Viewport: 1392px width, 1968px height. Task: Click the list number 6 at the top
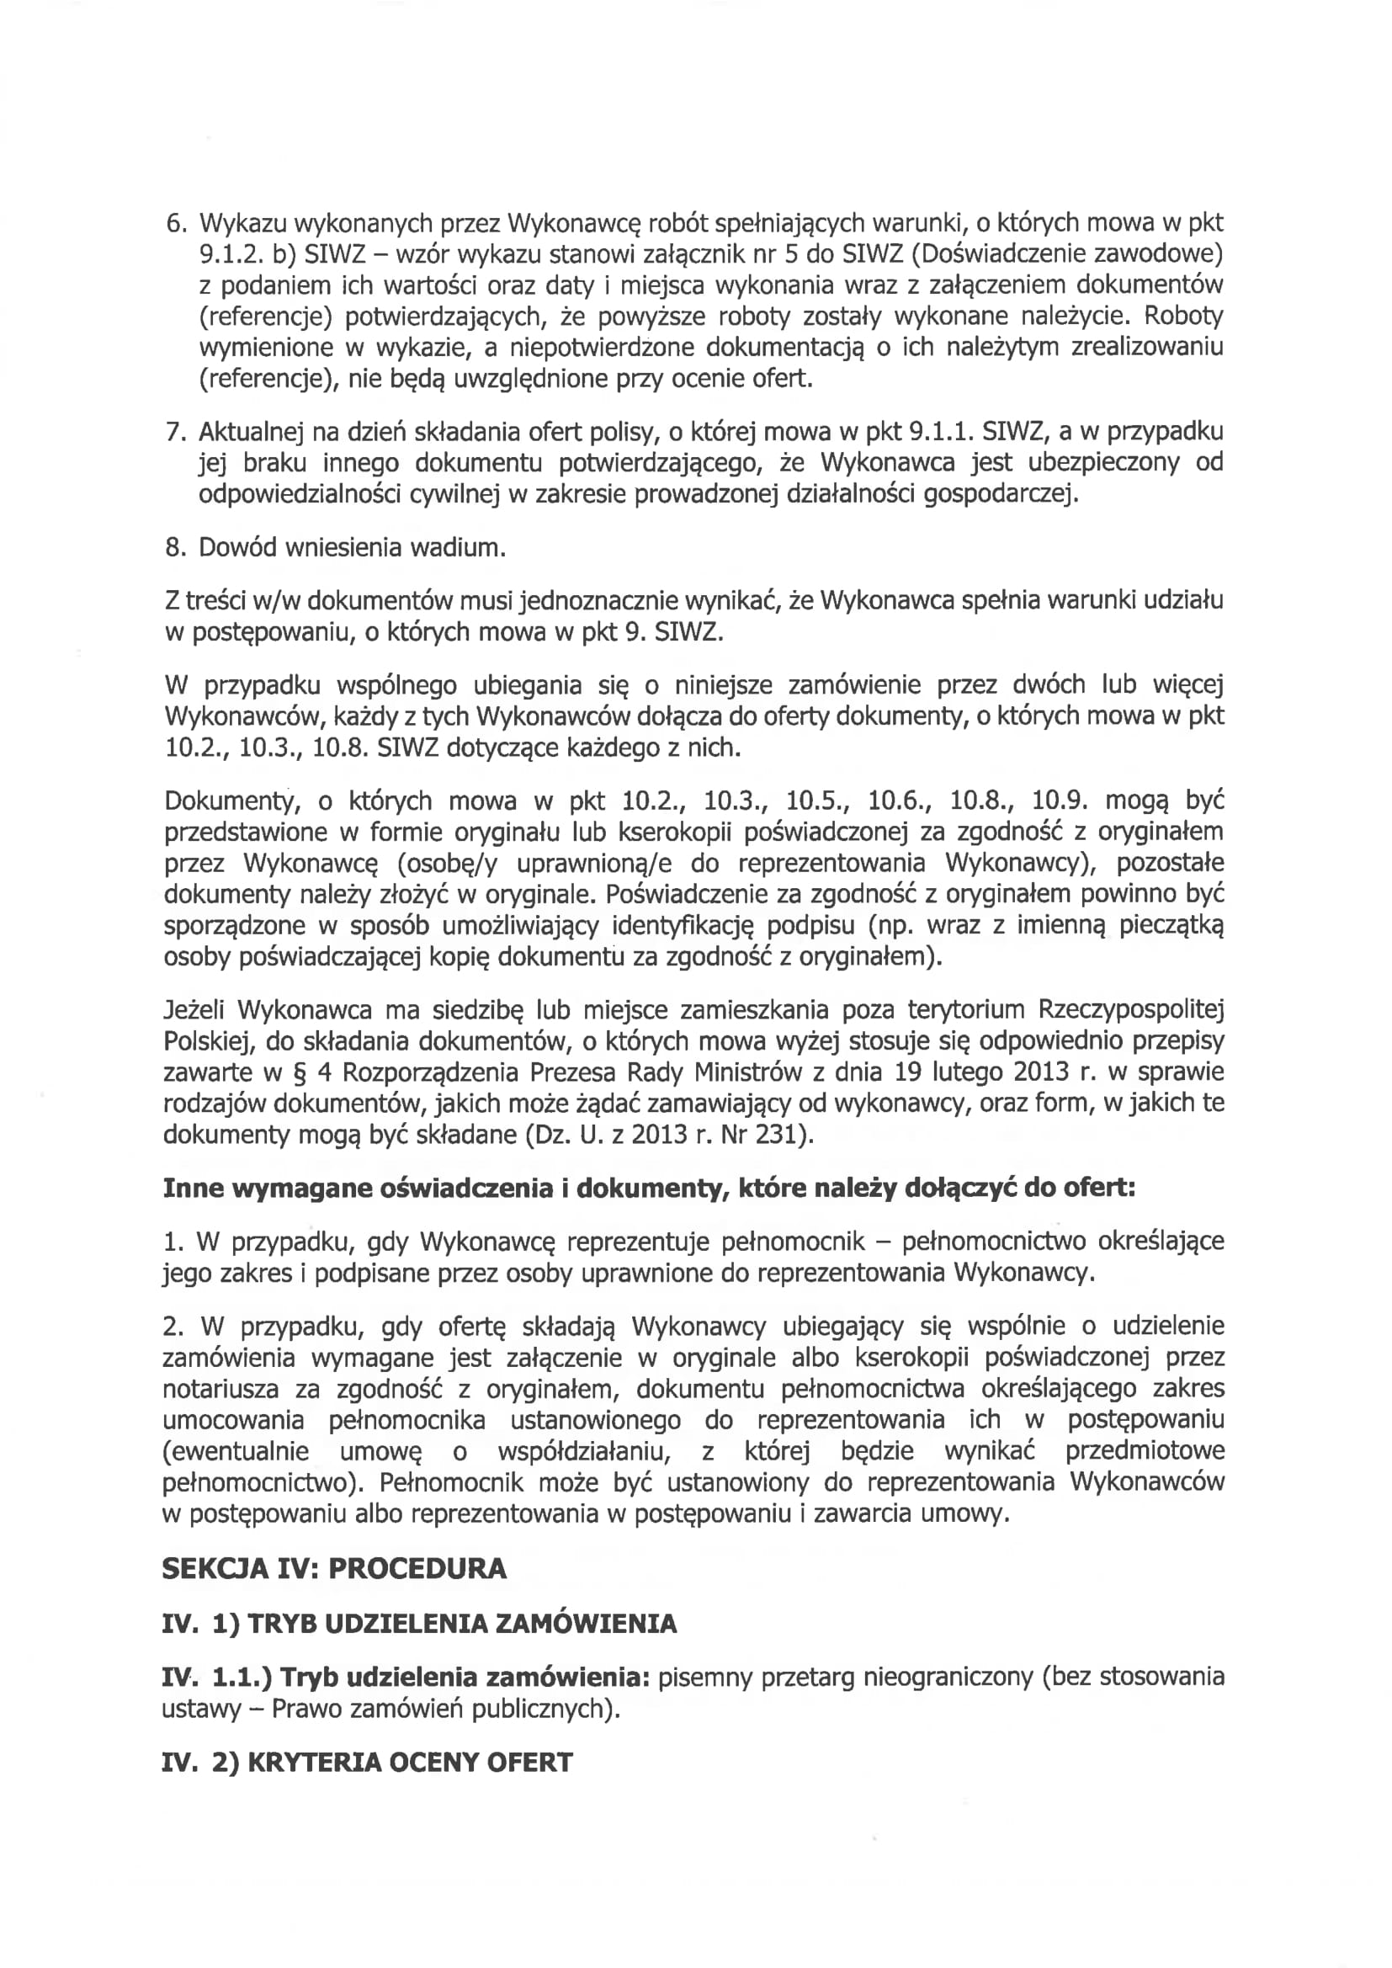click(x=174, y=224)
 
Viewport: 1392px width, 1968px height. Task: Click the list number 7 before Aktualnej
click(x=174, y=431)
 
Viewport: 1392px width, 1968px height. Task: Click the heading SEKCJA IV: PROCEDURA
click(x=334, y=1568)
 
